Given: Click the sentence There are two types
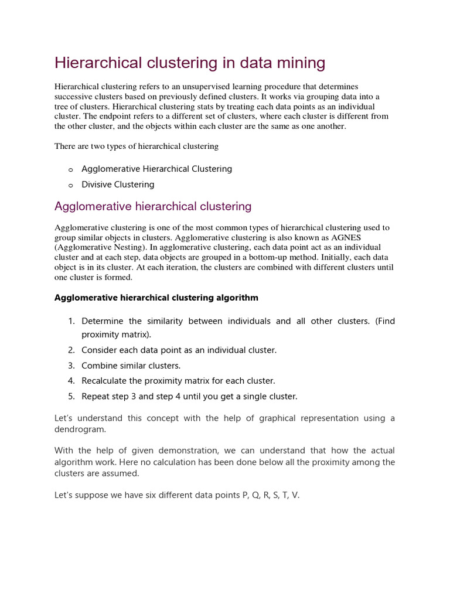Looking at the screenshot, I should [137, 146].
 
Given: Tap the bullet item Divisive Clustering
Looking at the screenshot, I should [118, 185].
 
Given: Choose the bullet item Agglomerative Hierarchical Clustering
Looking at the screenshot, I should [156, 169].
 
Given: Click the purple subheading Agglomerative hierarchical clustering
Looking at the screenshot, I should [153, 206].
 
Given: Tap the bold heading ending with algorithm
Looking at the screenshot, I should [156, 298].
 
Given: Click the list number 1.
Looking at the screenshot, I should [71, 321].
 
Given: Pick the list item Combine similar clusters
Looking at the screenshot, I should [131, 366].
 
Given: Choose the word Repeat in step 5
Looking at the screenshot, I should [96, 397].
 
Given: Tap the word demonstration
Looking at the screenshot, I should [181, 451].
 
